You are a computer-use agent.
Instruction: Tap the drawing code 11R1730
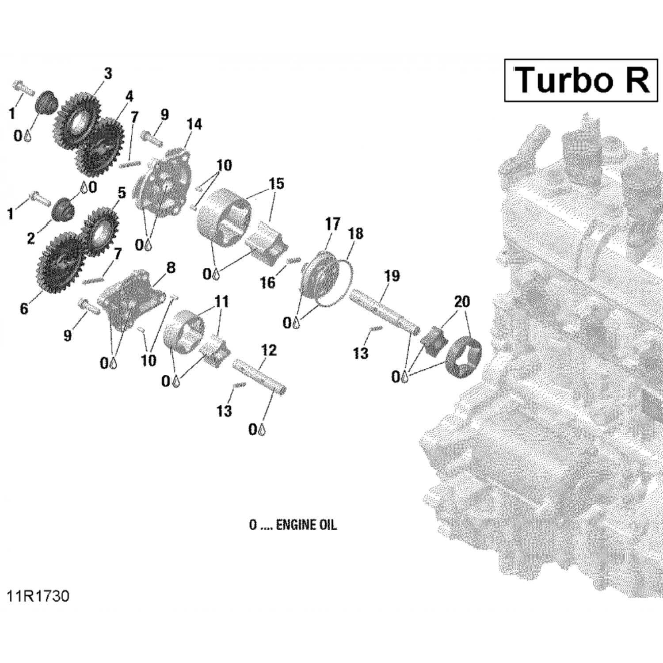point(38,596)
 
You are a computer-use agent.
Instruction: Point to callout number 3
point(108,74)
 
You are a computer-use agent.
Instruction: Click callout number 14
point(194,125)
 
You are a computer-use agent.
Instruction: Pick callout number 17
point(333,224)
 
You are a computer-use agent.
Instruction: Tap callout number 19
point(392,276)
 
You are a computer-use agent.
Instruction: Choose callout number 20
point(462,302)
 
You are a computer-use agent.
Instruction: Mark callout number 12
point(268,351)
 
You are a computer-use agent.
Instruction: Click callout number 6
point(24,309)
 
